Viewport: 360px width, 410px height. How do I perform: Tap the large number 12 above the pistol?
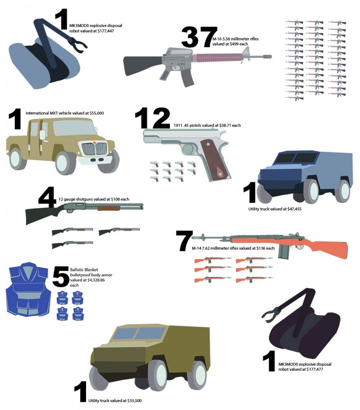(152, 118)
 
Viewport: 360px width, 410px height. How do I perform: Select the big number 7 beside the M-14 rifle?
(184, 241)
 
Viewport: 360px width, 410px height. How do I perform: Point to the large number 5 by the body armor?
(61, 276)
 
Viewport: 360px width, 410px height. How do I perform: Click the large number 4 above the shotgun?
(47, 197)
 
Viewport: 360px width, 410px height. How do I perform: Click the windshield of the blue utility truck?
(296, 158)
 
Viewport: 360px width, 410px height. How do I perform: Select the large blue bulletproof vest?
(28, 289)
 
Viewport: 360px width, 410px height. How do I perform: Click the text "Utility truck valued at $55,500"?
(115, 401)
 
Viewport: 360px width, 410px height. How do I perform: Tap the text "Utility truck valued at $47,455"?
(275, 209)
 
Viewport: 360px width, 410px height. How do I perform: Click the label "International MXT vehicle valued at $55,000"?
(65, 113)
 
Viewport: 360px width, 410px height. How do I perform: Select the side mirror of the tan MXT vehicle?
(42, 134)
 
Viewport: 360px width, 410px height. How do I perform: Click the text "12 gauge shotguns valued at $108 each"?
(94, 199)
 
